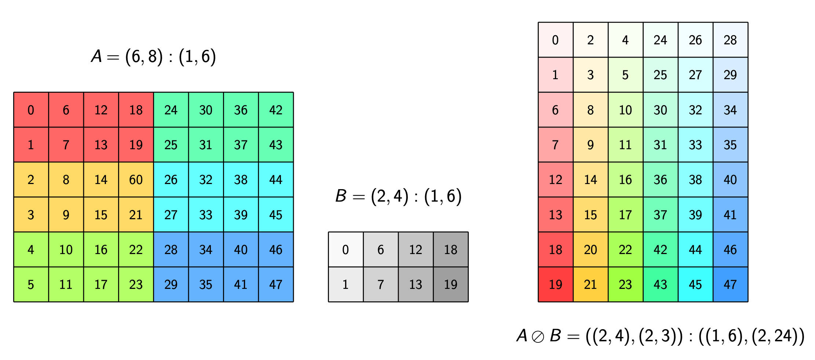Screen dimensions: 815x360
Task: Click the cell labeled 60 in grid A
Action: [136, 180]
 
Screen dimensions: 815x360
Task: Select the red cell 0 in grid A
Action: [31, 110]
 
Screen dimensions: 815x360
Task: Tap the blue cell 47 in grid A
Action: [276, 284]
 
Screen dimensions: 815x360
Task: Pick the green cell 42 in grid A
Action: [276, 110]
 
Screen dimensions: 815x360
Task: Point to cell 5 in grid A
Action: [31, 284]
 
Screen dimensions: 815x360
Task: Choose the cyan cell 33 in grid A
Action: [206, 214]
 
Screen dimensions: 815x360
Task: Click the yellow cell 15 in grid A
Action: [101, 214]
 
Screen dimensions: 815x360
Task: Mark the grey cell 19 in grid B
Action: [451, 284]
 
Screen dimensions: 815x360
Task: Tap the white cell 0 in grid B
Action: [346, 249]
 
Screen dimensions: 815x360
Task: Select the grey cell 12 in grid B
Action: [416, 249]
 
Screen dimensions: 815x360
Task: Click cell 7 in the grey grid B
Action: [381, 284]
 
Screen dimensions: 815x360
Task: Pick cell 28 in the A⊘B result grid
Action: [731, 40]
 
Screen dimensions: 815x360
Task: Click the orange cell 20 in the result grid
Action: [591, 249]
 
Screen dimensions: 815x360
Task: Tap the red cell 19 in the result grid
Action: [556, 284]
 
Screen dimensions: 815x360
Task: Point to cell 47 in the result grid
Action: [731, 284]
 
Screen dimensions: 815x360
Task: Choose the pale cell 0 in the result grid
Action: [556, 40]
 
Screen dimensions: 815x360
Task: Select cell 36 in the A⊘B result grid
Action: [661, 180]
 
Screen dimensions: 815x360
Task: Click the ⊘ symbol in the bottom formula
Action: [538, 337]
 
